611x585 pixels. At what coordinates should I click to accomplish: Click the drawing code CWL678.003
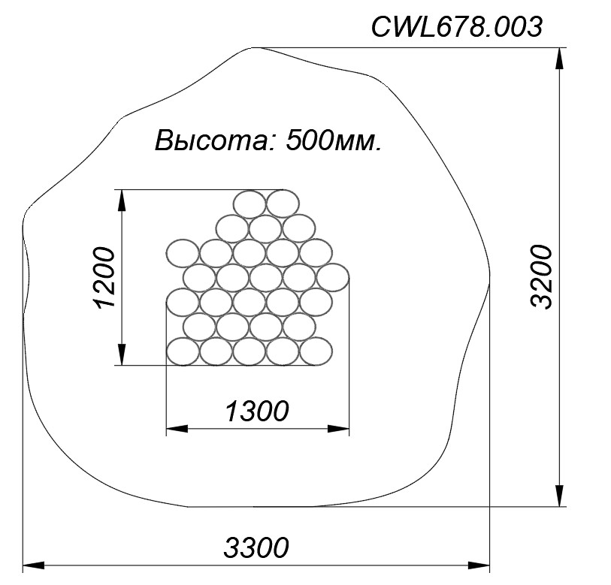click(456, 27)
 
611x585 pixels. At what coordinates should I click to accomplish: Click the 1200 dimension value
click(105, 277)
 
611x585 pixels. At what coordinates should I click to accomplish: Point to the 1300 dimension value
click(257, 411)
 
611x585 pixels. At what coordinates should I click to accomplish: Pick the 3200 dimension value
click(542, 277)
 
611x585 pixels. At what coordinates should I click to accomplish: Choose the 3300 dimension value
click(256, 547)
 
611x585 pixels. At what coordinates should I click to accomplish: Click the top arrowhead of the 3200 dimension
click(559, 59)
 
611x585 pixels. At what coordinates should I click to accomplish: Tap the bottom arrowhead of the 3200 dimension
click(559, 496)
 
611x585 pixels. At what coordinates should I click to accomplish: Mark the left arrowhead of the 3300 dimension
click(34, 565)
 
